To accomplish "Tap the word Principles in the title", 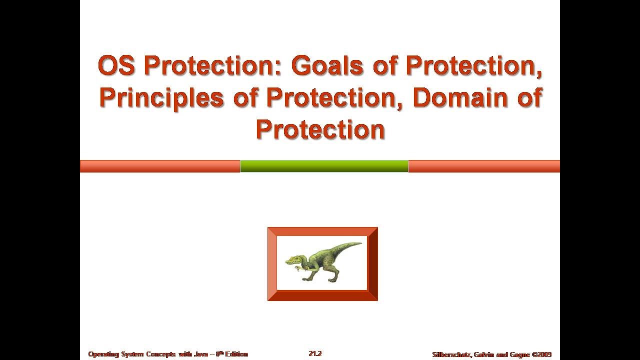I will [x=161, y=97].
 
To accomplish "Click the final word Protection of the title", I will [x=320, y=129].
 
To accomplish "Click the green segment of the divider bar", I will [x=324, y=166].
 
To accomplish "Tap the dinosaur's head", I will [x=292, y=260].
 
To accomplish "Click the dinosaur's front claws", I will [x=298, y=269].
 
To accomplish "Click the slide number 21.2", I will [x=315, y=353].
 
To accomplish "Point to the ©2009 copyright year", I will [x=542, y=354].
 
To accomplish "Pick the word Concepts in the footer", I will [x=161, y=354].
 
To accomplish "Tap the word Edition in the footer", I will [x=236, y=354].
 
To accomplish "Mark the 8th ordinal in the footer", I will [x=219, y=354].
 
